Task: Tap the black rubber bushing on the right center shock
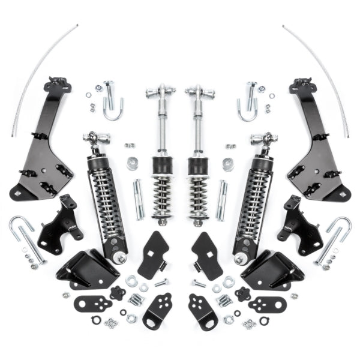tap(199, 166)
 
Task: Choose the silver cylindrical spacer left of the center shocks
tap(133, 164)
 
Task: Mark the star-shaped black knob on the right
tap(243, 293)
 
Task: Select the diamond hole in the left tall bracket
tap(22, 193)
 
